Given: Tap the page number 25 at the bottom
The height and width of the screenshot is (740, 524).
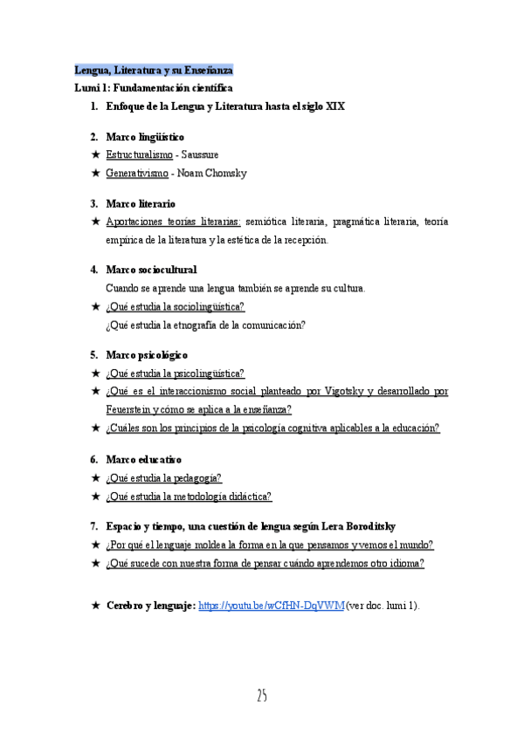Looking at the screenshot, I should pyautogui.click(x=261, y=695).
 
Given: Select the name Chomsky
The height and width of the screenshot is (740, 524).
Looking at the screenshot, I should pyautogui.click(x=224, y=173).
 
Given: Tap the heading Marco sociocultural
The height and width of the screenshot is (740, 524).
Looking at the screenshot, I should pyautogui.click(x=151, y=270).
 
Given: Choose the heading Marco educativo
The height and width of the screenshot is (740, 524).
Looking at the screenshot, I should pyautogui.click(x=143, y=459).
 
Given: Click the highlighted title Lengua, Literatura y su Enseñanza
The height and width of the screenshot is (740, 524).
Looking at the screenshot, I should pyautogui.click(x=153, y=70).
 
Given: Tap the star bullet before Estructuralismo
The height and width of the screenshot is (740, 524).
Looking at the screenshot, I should pyautogui.click(x=95, y=154).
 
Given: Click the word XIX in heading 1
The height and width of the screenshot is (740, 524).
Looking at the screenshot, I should pyautogui.click(x=335, y=107).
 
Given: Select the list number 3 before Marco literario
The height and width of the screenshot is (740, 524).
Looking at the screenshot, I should pyautogui.click(x=93, y=203).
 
